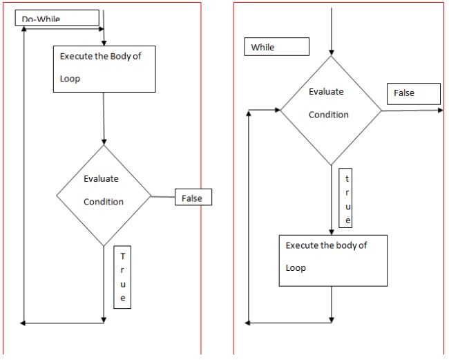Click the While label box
[276, 47]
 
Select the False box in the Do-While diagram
[192, 198]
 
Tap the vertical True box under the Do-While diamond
[122, 276]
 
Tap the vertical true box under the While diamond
[348, 198]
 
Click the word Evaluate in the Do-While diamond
[101, 178]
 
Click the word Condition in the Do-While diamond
[104, 202]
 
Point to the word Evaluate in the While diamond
[326, 91]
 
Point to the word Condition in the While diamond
[329, 115]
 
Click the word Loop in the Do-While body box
[70, 79]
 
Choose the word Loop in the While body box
[296, 268]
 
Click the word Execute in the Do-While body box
[77, 56]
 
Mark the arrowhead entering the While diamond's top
[332, 53]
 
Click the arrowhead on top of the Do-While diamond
[104, 141]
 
